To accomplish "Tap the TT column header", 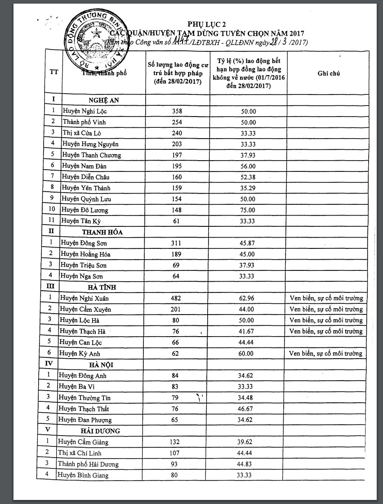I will coord(53,73).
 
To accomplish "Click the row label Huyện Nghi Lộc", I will coord(85,111).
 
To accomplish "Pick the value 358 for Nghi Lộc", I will coord(177,111).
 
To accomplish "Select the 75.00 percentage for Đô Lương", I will coord(248,210).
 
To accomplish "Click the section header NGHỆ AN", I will coord(103,100).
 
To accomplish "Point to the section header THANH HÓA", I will coord(102,232).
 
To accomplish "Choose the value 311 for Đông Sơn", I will coord(177,243).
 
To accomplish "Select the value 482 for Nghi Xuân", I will coord(176,298).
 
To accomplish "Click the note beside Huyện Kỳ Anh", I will coord(326,353).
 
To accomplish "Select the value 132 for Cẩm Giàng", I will coord(175,442).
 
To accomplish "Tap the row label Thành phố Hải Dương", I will coord(88,464).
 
